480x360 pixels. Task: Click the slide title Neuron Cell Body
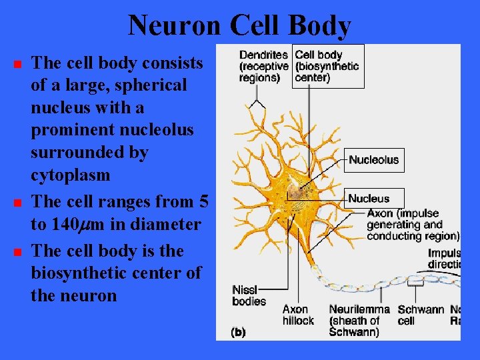tap(239, 25)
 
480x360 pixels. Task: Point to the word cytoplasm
tap(70, 175)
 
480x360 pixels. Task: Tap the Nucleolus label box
tap(374, 160)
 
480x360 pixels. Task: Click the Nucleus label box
tap(369, 198)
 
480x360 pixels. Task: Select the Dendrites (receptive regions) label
tap(263, 66)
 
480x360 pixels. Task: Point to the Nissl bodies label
tap(249, 295)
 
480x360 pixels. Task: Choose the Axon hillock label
tap(297, 315)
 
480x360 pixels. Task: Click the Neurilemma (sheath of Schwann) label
tap(359, 320)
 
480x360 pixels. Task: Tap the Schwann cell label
tap(420, 315)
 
